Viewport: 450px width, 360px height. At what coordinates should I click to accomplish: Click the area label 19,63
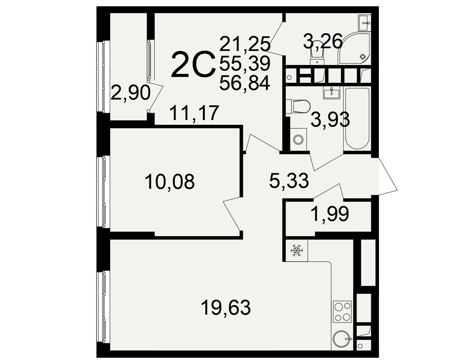(x=225, y=307)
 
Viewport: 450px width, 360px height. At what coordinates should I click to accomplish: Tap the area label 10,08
(x=170, y=181)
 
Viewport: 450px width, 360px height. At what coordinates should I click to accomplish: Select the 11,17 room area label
(x=194, y=113)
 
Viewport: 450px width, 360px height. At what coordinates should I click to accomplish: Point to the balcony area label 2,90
(x=130, y=93)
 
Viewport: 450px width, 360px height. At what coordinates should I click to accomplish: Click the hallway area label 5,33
(x=289, y=180)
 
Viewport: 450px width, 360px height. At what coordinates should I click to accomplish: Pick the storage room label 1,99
(x=330, y=214)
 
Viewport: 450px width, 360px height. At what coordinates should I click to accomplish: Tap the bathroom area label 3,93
(x=330, y=119)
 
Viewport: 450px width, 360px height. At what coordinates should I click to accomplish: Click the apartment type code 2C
(x=193, y=64)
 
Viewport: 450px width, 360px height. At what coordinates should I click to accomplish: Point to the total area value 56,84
(x=245, y=83)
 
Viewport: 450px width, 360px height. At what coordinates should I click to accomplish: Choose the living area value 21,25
(x=245, y=44)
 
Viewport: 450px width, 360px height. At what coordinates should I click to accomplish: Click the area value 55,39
(x=245, y=63)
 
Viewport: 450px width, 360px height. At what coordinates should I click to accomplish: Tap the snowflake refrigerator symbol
(x=297, y=250)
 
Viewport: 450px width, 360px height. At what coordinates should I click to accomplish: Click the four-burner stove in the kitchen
(x=342, y=311)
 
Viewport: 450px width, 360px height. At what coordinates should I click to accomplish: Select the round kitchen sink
(x=342, y=339)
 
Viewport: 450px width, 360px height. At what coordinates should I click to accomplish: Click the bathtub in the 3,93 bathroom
(x=357, y=118)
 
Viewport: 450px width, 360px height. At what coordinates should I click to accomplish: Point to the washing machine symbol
(x=298, y=139)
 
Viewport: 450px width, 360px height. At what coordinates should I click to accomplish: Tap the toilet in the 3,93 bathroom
(x=298, y=107)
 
